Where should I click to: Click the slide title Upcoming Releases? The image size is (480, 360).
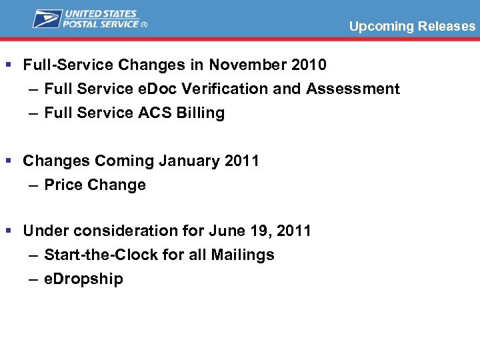click(x=412, y=27)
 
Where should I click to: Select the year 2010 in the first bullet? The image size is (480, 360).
click(x=309, y=65)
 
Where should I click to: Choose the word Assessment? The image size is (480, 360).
click(x=353, y=89)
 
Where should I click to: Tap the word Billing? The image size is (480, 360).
click(x=201, y=113)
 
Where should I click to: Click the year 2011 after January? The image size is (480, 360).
click(x=241, y=161)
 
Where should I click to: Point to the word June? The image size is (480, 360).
click(x=227, y=231)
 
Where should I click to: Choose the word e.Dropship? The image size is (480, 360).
click(x=83, y=279)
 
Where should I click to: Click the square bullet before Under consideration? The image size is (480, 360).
click(x=8, y=231)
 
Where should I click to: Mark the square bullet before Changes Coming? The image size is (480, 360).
click(x=8, y=161)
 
